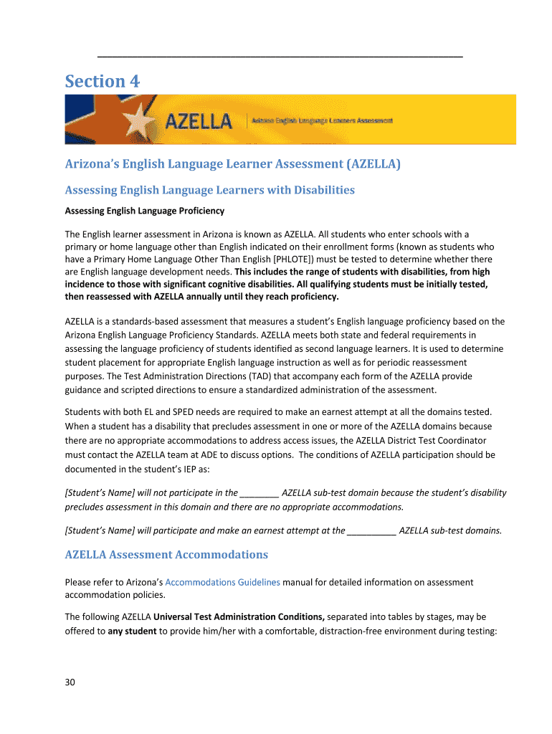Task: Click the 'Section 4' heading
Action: (x=103, y=82)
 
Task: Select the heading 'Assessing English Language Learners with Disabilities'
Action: (x=210, y=190)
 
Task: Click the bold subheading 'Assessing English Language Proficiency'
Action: (x=145, y=211)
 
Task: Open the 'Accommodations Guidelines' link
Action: (x=222, y=582)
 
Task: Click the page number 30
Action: (x=70, y=682)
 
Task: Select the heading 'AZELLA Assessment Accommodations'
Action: (x=166, y=555)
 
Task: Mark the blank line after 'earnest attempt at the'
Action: (x=371, y=531)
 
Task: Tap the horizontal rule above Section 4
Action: (x=280, y=56)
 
